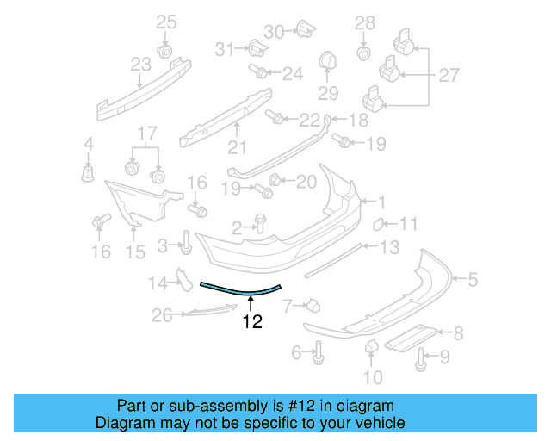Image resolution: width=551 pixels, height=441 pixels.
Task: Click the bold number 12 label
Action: coord(252,322)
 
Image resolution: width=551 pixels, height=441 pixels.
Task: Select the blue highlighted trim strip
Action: coord(241,290)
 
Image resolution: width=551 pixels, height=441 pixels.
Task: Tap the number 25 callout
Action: coord(165,22)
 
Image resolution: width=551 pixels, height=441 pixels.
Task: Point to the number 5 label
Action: coord(472,278)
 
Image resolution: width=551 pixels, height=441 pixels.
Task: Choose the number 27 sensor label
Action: coord(449,75)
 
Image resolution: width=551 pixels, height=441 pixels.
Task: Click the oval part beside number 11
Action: coord(378,225)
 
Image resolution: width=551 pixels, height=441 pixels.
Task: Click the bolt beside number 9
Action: coord(420,359)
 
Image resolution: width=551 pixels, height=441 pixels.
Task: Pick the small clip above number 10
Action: coord(372,346)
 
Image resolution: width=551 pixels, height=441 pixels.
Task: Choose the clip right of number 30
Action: coord(304,30)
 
